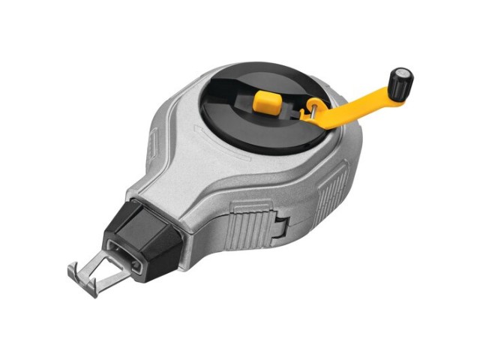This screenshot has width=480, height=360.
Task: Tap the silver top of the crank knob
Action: pyautogui.click(x=406, y=74)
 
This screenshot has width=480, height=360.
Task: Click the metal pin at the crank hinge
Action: pyautogui.click(x=309, y=112)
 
